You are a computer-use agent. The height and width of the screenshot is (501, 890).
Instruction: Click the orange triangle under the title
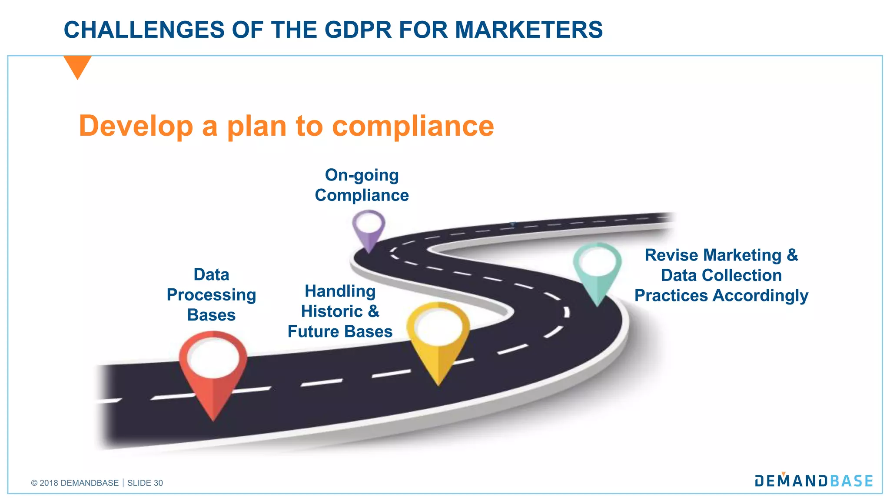pyautogui.click(x=77, y=66)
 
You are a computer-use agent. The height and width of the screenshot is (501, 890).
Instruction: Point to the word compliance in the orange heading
pyautogui.click(x=413, y=126)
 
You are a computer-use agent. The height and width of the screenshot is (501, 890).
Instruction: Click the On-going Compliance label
pyautogui.click(x=362, y=185)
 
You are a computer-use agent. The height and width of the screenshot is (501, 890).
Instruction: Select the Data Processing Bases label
pyautogui.click(x=211, y=294)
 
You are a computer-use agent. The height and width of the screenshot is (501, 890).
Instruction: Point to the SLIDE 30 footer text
pyautogui.click(x=145, y=483)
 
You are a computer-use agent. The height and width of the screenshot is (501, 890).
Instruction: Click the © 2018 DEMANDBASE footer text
pyautogui.click(x=75, y=483)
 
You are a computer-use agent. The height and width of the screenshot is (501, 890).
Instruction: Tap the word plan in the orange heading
pyautogui.click(x=257, y=126)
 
